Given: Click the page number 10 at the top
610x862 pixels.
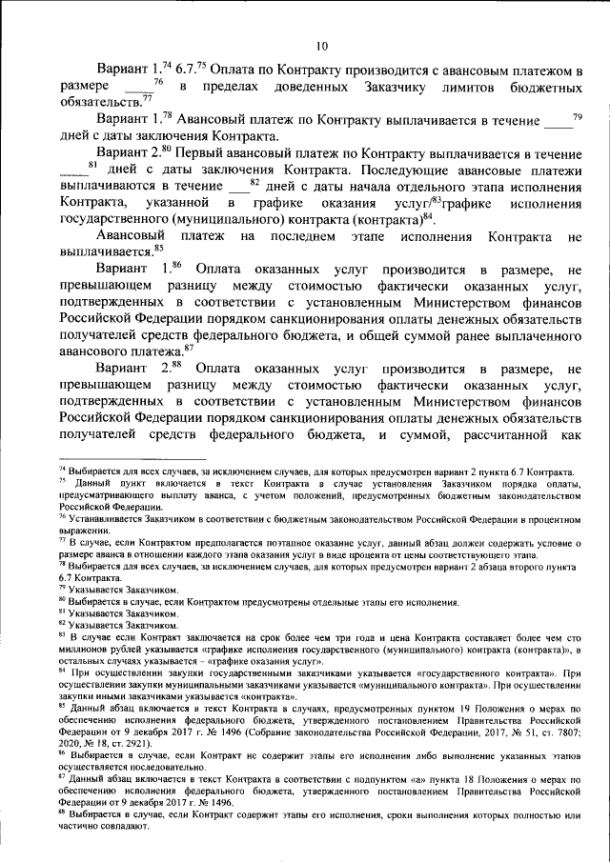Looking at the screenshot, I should pos(321,46).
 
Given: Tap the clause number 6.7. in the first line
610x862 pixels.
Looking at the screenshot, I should pos(188,70).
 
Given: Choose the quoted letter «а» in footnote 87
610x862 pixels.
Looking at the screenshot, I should pos(364,779).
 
